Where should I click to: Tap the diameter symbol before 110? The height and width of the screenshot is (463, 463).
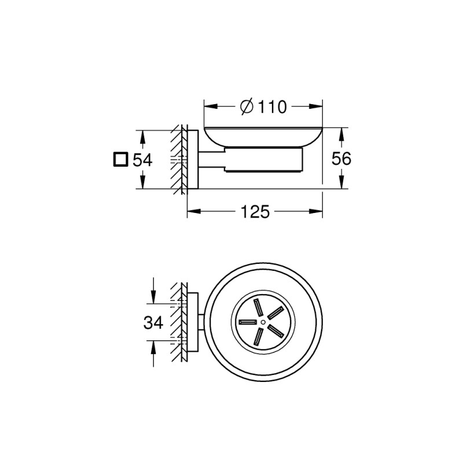[245, 106]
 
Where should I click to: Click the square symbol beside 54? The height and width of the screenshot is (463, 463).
[120, 159]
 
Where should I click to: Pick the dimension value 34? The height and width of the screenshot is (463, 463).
[153, 322]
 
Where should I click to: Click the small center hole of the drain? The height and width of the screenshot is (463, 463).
[262, 321]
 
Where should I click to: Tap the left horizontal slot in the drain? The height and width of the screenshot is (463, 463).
[247, 321]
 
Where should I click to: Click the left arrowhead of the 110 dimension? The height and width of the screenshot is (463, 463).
[208, 106]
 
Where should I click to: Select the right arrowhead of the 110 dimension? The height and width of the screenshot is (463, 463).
[317, 106]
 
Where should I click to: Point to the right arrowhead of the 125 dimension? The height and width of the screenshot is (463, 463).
[317, 212]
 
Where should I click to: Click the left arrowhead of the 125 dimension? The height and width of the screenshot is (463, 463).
[193, 212]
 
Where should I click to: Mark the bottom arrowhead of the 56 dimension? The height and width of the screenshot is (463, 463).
[341, 184]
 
